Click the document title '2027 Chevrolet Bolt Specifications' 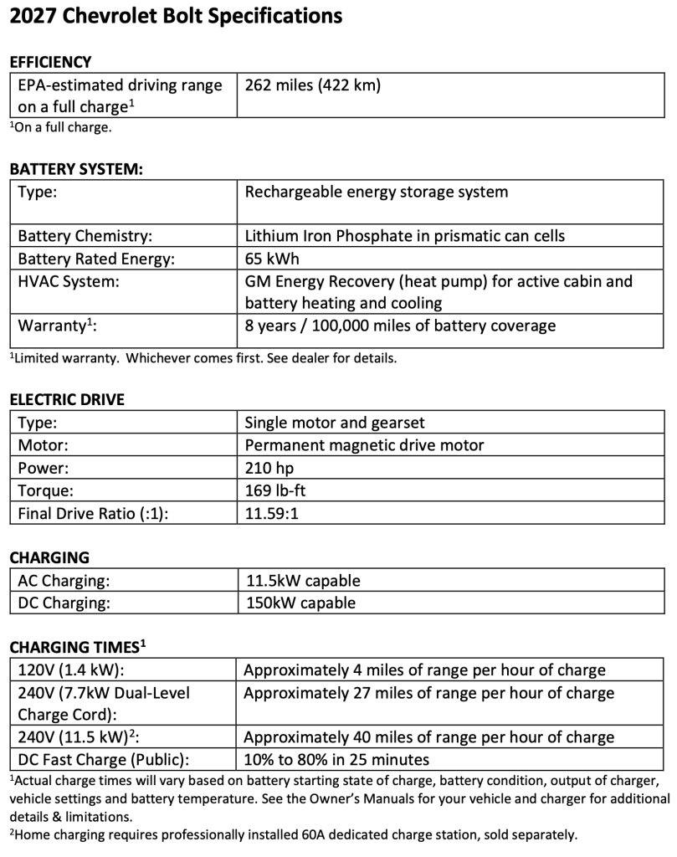coord(176,16)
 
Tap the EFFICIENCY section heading coord(50,62)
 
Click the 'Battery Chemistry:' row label coord(85,235)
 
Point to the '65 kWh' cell coord(272,258)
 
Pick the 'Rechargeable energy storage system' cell coord(376,192)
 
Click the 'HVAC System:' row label coord(69,281)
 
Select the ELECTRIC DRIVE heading coord(67,399)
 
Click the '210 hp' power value coord(269,468)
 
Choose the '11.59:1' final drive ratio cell coord(272,513)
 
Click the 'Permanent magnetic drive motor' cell coord(364,445)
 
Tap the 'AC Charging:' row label coord(64,580)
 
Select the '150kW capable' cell coord(300,603)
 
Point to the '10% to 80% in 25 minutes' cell coord(336,760)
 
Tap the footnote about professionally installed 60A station coord(293,834)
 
